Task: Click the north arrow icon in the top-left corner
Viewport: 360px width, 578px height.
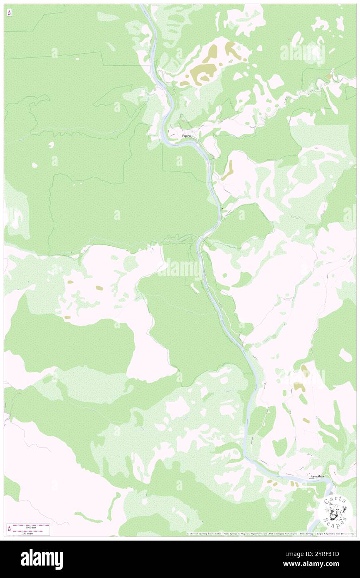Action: [x=9, y=13]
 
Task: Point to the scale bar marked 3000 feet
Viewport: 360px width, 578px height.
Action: [x=32, y=526]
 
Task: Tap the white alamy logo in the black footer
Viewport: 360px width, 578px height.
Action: [x=42, y=559]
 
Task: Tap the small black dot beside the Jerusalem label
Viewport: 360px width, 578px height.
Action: [x=308, y=474]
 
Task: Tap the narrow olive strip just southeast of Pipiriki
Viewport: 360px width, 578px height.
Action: [x=228, y=170]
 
